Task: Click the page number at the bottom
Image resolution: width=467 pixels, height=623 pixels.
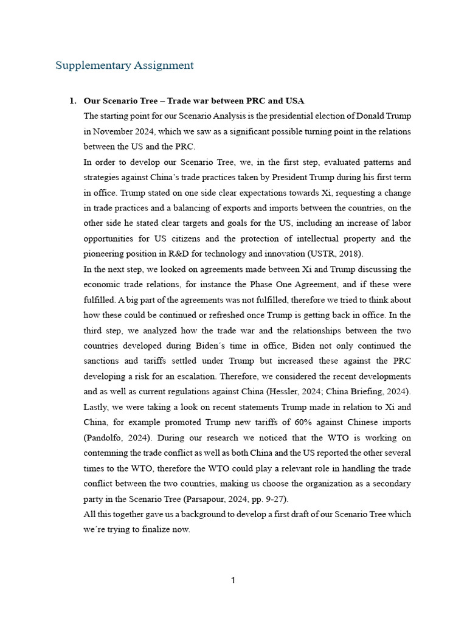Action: (233, 580)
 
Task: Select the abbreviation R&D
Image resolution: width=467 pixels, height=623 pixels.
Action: (184, 254)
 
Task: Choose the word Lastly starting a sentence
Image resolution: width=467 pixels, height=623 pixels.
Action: (97, 407)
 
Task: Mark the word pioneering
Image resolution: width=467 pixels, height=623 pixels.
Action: (105, 254)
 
